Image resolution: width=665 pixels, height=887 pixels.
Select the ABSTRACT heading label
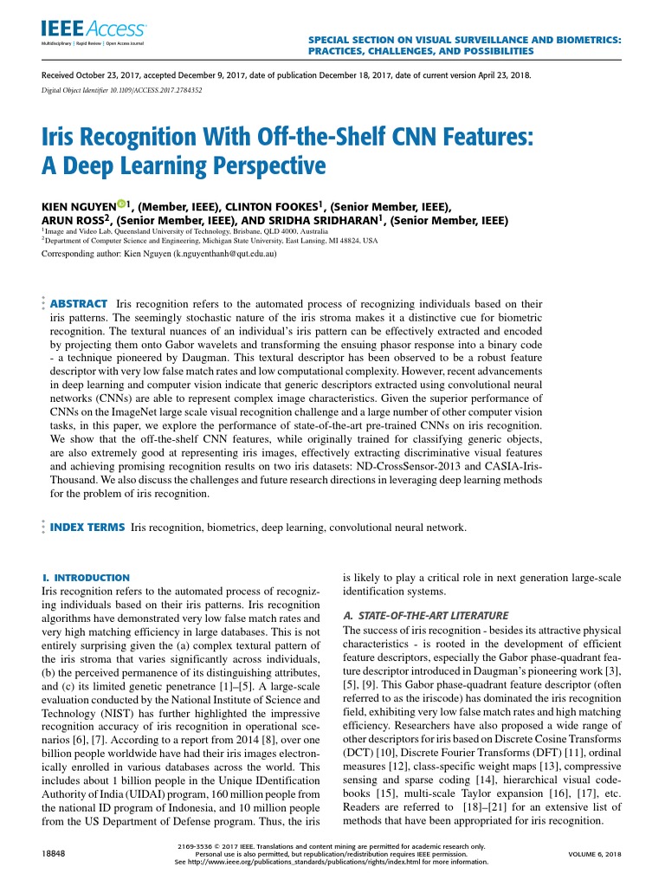click(x=79, y=304)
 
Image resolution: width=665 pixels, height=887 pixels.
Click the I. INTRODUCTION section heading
click(x=86, y=577)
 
